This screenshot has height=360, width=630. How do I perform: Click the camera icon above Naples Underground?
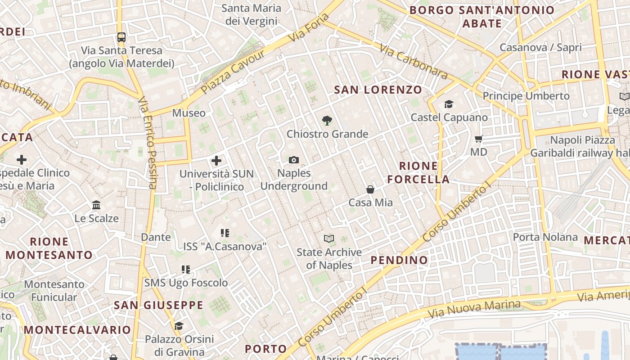294,160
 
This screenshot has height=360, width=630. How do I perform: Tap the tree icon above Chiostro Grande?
327,120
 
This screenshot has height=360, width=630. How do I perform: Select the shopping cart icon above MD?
479,139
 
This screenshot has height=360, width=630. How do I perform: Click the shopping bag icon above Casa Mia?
370,189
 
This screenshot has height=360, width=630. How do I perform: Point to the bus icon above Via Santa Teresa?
121,37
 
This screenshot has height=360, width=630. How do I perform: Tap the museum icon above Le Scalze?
96,205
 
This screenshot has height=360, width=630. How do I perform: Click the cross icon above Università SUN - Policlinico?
216,160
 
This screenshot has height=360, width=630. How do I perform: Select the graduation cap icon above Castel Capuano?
449,104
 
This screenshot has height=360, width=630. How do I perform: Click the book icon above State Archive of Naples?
329,238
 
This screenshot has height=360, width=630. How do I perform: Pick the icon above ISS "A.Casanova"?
225,233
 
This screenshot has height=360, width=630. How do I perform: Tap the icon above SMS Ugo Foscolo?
186,270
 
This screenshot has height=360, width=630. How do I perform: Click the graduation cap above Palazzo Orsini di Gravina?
179,326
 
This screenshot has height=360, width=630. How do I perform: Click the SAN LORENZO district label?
378,90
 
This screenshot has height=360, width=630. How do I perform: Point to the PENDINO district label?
399,260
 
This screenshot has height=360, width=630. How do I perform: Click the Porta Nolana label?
545,237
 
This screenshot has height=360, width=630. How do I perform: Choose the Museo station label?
189,113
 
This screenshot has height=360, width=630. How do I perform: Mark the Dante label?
156,237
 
